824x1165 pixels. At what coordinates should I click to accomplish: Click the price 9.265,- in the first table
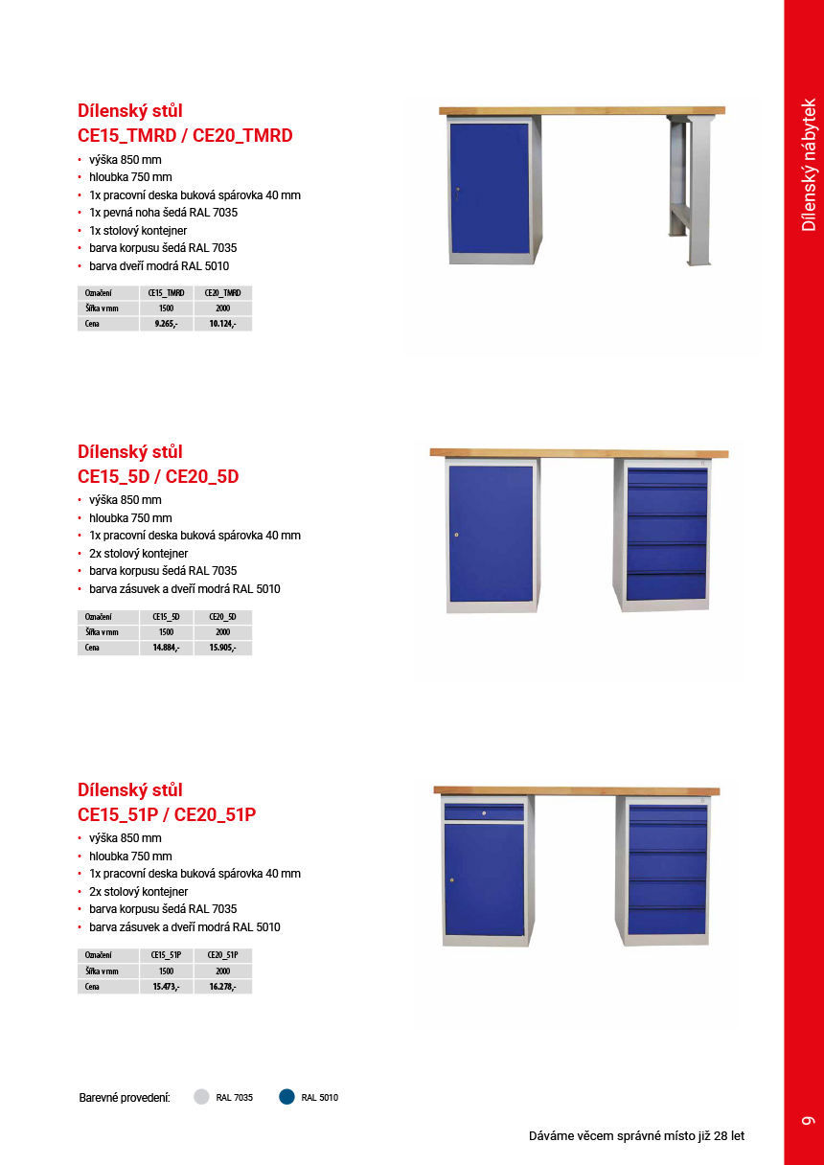pyautogui.click(x=167, y=324)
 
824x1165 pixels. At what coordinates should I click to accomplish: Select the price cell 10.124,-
pyautogui.click(x=222, y=324)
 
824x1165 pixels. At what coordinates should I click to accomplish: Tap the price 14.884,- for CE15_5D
pyautogui.click(x=167, y=648)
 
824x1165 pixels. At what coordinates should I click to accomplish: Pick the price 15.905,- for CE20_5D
pyautogui.click(x=222, y=648)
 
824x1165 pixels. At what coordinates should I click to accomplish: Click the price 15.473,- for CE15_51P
pyautogui.click(x=167, y=986)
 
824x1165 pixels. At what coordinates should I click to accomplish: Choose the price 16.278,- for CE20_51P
pyautogui.click(x=222, y=986)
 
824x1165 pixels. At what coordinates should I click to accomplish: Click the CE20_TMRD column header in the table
pyautogui.click(x=222, y=293)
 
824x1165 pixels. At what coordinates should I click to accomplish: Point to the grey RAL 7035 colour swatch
pyautogui.click(x=201, y=1097)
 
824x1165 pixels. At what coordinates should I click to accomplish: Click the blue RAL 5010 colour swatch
pyautogui.click(x=286, y=1097)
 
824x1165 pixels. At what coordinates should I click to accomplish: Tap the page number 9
pyautogui.click(x=807, y=1120)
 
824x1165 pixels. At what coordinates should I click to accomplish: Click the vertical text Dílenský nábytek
pyautogui.click(x=809, y=164)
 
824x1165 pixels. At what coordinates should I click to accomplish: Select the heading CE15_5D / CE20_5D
pyautogui.click(x=158, y=476)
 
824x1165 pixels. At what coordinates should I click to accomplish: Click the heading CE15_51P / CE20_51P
pyautogui.click(x=167, y=814)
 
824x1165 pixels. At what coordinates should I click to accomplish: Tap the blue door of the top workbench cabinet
pyautogui.click(x=490, y=188)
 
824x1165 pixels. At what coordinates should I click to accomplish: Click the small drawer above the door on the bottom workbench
pyautogui.click(x=484, y=813)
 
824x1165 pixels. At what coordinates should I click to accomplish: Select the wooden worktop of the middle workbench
pyautogui.click(x=579, y=452)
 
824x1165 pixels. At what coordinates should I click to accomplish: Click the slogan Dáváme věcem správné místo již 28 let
pyautogui.click(x=636, y=1136)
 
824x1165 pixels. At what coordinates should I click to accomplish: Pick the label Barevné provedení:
pyautogui.click(x=125, y=1097)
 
